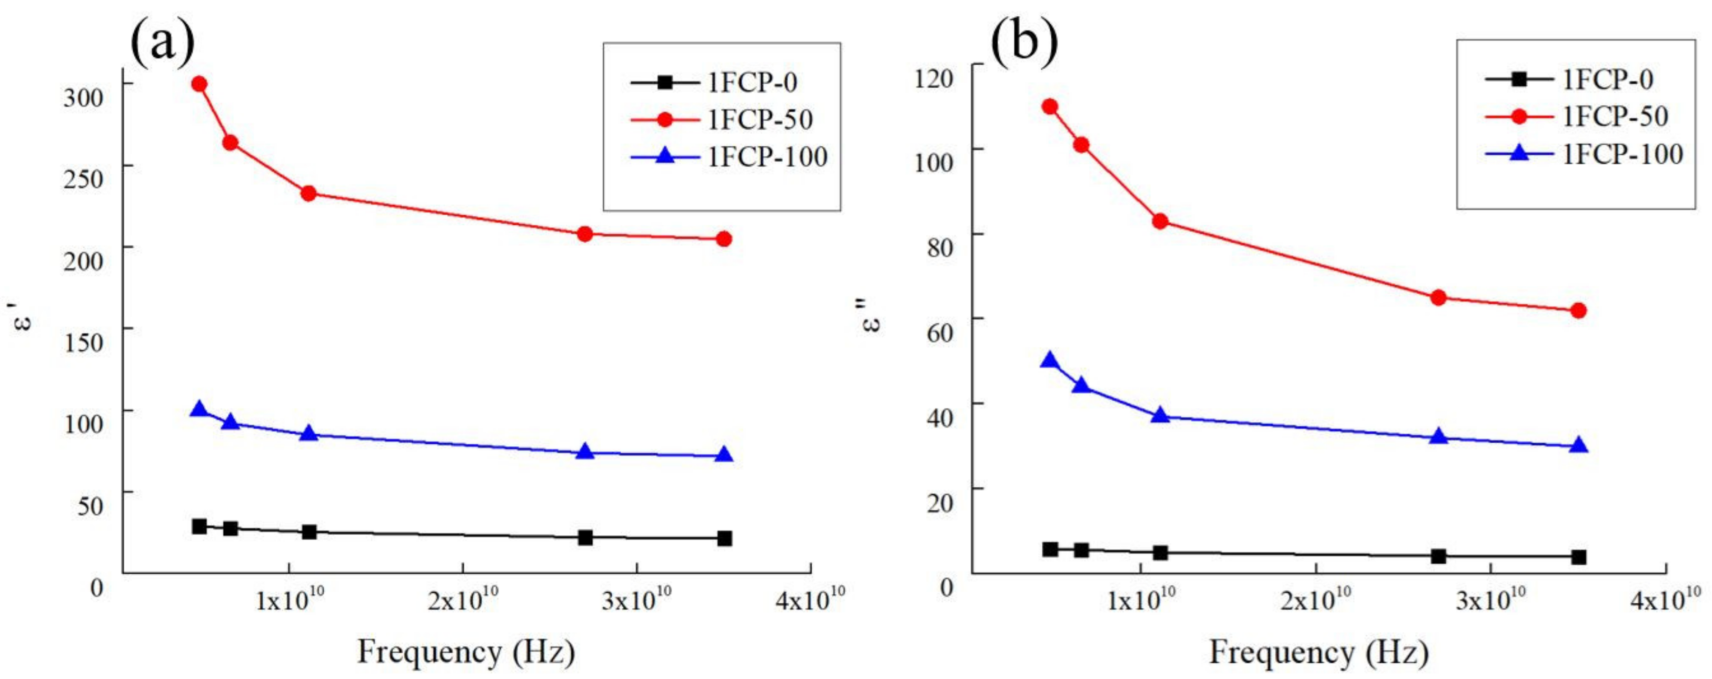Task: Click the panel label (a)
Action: (x=163, y=41)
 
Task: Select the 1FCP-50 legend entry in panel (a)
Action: (x=759, y=119)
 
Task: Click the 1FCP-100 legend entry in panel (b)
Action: (x=1621, y=154)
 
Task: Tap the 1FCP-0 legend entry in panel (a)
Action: (x=752, y=83)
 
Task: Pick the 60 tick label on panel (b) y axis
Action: (x=939, y=332)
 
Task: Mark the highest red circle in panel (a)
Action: (x=198, y=84)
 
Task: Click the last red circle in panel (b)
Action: (x=1578, y=310)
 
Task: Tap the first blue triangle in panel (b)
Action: (x=1049, y=361)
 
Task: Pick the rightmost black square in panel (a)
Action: (x=724, y=538)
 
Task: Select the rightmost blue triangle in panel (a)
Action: (x=724, y=455)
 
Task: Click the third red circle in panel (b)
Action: (x=1160, y=221)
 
